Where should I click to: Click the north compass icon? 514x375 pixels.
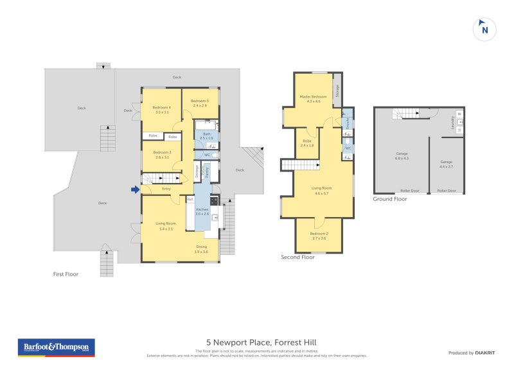point(484,29)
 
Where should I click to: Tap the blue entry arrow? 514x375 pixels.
point(135,189)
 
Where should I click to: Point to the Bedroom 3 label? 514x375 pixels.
point(161,154)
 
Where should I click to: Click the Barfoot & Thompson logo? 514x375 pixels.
point(56,347)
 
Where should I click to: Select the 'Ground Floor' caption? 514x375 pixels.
point(390,199)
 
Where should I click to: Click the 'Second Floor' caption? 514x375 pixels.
point(298,257)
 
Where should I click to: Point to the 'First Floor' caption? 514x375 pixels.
point(66,274)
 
